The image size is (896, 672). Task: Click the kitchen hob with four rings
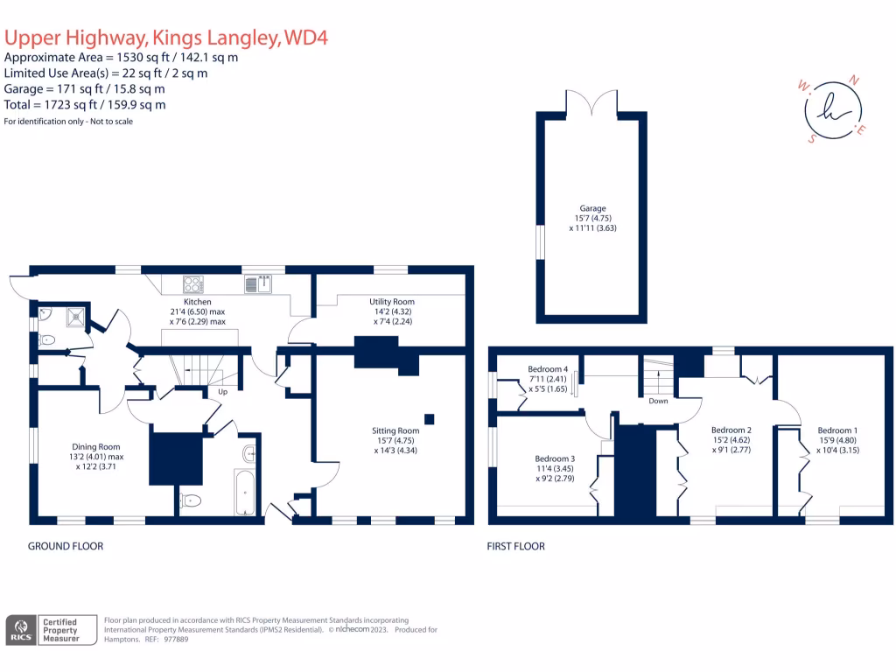click(x=193, y=283)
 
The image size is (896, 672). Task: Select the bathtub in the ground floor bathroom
click(x=246, y=493)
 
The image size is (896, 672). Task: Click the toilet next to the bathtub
click(x=192, y=500)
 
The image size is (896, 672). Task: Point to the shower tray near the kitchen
click(x=77, y=316)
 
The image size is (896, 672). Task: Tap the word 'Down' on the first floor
click(x=658, y=402)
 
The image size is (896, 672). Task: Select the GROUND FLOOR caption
click(x=66, y=546)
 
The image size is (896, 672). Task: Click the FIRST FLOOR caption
click(x=516, y=546)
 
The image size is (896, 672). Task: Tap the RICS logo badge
click(x=21, y=630)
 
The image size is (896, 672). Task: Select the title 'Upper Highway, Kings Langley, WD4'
click(x=166, y=38)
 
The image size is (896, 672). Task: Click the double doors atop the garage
click(x=592, y=103)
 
